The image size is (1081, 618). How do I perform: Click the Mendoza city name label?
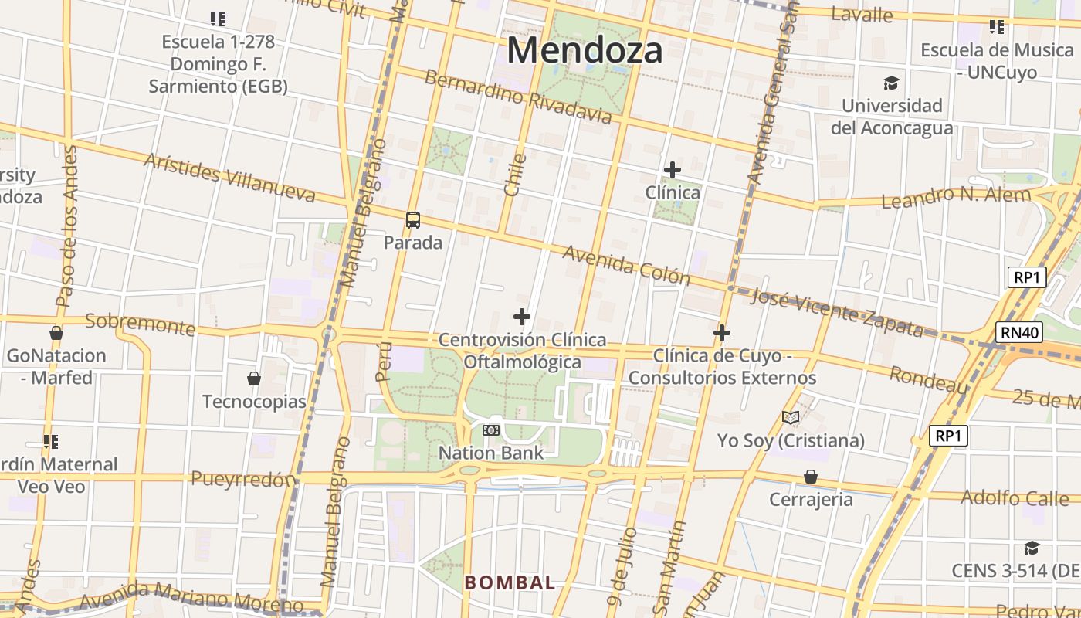585,51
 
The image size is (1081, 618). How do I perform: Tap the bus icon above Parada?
413,220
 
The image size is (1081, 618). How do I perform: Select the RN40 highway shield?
1019,333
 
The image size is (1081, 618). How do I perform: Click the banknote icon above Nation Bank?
491,430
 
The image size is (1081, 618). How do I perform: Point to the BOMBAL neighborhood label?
510,583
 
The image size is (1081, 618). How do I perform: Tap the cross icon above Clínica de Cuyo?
722,333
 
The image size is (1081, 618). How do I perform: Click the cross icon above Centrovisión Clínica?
522,317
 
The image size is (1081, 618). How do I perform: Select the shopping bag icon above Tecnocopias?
254,379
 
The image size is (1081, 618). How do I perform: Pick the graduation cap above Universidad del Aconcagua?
892,83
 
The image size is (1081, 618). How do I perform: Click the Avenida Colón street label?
625,265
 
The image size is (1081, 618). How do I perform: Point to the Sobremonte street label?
140,324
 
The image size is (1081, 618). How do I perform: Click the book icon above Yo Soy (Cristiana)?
790,418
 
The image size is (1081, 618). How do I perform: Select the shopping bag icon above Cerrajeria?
811,477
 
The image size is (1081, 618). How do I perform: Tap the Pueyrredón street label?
243,480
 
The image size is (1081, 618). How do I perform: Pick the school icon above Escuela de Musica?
997,28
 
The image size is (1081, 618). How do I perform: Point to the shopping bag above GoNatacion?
56,333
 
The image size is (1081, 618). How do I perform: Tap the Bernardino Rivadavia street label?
517,97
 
